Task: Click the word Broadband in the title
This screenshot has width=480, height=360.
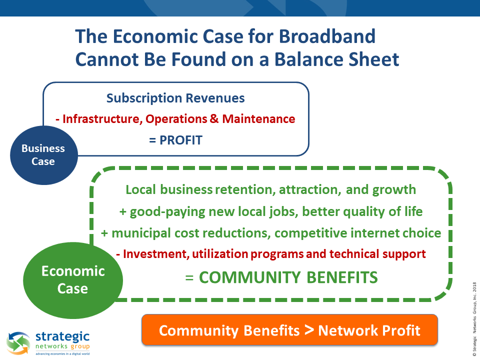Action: coord(327,36)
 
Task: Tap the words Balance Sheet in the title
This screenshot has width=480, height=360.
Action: coord(336,59)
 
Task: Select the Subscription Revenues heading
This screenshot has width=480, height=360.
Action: coord(175,98)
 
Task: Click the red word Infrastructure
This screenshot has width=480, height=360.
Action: coord(102,119)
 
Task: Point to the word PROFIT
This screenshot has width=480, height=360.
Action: coord(181,140)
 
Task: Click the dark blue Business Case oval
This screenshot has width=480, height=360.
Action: coord(44,155)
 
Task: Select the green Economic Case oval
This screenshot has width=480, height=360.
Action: coord(73,280)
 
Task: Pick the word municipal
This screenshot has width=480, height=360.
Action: coord(141,233)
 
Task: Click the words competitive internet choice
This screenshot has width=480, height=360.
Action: coord(358,233)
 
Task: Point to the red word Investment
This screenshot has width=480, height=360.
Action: coord(156,254)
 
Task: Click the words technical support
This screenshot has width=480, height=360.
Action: coord(377,254)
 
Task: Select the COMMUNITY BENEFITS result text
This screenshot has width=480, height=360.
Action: coord(288,277)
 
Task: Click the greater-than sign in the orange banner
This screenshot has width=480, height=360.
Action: coord(309,330)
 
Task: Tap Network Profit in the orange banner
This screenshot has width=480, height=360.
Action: coord(369,330)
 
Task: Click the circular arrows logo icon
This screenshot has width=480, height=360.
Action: coord(18,343)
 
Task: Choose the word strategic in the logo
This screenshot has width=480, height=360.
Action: coord(62,337)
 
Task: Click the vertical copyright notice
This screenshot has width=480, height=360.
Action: coord(474,319)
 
